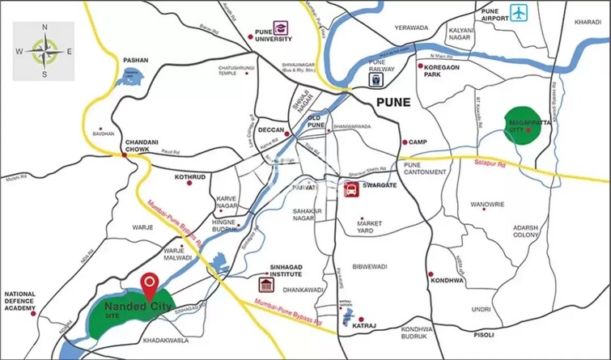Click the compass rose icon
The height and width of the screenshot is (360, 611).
coord(44,51)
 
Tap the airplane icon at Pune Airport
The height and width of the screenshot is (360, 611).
coord(519,12)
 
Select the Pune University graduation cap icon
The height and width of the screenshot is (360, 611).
coord(281,30)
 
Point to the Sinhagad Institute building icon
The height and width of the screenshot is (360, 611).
coord(265,285)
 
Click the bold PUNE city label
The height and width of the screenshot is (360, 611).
coord(392,103)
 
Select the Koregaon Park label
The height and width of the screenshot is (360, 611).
coord(443,71)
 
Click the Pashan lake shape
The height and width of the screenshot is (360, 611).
coord(129,78)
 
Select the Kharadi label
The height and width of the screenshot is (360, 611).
coord(587,23)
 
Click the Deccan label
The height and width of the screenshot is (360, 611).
coord(270,129)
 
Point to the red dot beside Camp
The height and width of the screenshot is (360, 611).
coord(404,142)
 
